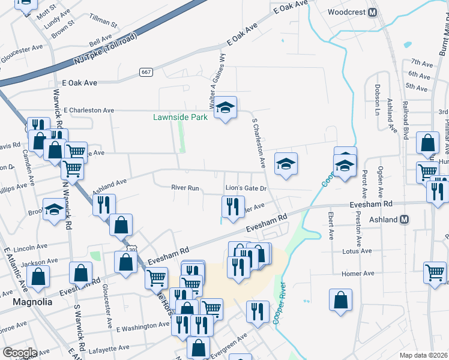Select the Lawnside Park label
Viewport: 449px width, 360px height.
(x=179, y=117)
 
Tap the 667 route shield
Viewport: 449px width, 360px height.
(x=145, y=72)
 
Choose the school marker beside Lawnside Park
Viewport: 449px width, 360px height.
(x=226, y=108)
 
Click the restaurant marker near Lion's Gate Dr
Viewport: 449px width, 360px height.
(x=232, y=206)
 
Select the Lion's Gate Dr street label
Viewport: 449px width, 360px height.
(x=246, y=188)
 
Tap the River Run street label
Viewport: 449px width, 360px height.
(x=185, y=188)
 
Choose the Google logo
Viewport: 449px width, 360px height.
(x=19, y=353)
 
